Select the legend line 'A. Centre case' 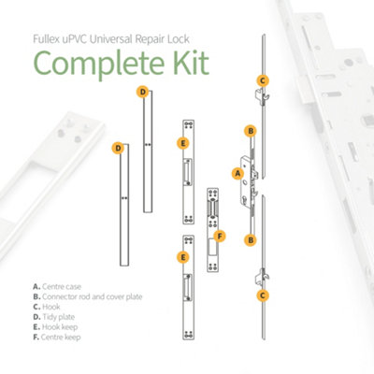point(58,286)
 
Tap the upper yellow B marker point(251,131)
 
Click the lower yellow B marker point(251,240)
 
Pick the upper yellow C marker point(263,80)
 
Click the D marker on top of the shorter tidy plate point(142,92)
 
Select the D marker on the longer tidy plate point(117,148)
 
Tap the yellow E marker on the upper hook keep point(182,143)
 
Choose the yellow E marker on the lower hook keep point(183,256)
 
